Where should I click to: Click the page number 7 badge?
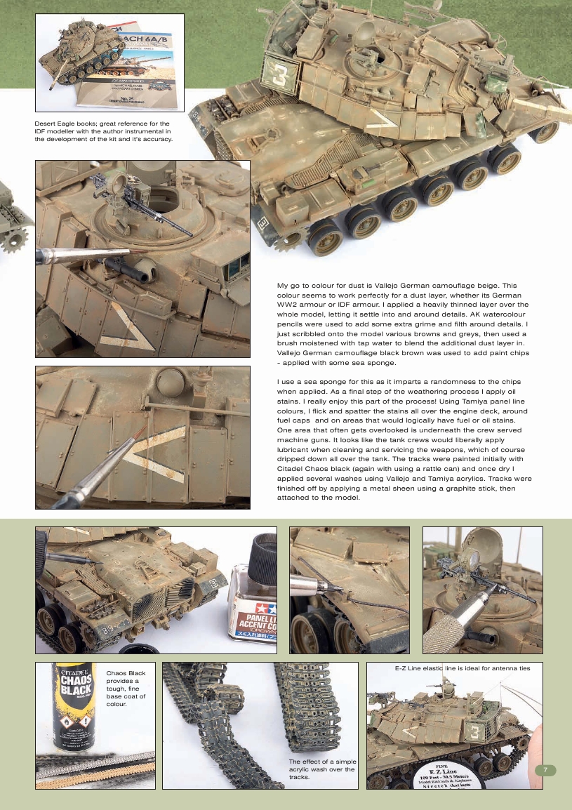pyautogui.click(x=545, y=771)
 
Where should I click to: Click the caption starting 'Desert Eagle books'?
pyautogui.click(x=103, y=131)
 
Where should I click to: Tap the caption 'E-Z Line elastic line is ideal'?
pyautogui.click(x=463, y=668)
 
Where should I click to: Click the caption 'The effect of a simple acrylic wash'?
pyautogui.click(x=323, y=770)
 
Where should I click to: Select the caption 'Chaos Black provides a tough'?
pyautogui.click(x=126, y=689)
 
